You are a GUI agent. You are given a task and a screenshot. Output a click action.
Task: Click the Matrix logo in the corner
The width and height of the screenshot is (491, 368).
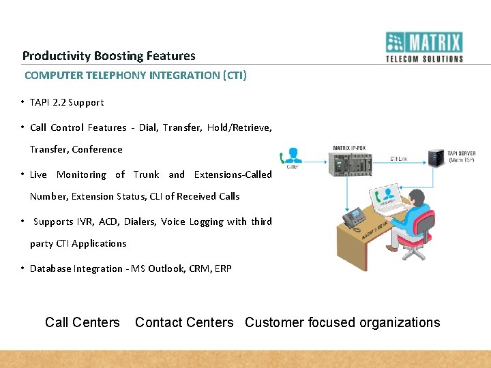pyautogui.click(x=424, y=47)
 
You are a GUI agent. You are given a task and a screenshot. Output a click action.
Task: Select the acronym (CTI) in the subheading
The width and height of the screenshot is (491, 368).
pyautogui.click(x=235, y=75)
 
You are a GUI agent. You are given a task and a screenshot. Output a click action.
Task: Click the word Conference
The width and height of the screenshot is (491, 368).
pyautogui.click(x=97, y=149)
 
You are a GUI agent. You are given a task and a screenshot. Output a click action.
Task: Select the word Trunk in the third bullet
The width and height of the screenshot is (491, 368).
pyautogui.click(x=146, y=174)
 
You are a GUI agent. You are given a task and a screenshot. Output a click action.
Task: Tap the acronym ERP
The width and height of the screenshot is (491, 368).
pyautogui.click(x=223, y=269)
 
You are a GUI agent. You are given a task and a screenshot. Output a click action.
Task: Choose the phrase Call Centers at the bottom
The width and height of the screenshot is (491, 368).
pyautogui.click(x=82, y=322)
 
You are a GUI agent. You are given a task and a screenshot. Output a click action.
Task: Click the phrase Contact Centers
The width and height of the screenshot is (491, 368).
pyautogui.click(x=184, y=322)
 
